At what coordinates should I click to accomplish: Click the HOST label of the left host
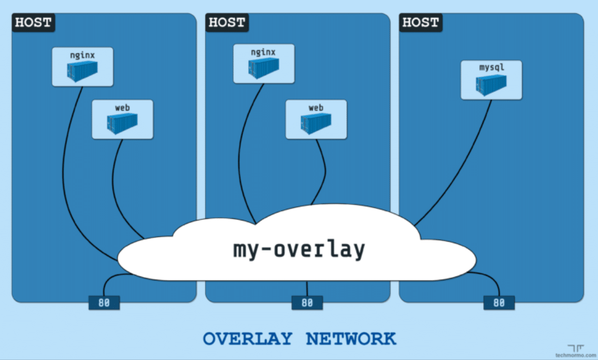tap(33, 23)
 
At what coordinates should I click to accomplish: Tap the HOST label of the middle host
tap(227, 23)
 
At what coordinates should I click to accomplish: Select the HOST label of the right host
tap(421, 23)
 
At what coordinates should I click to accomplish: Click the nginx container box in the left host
tap(82, 67)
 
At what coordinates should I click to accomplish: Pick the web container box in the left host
tap(123, 119)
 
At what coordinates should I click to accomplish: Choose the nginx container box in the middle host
tap(264, 64)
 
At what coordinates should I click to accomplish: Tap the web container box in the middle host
tap(316, 119)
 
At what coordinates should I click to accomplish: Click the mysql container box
tap(491, 80)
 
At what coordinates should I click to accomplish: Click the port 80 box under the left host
tap(104, 303)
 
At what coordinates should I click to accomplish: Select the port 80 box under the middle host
tap(307, 303)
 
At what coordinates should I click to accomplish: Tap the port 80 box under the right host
tap(499, 303)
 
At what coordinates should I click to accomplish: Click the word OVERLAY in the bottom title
tap(247, 338)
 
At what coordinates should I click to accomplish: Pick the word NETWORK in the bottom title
tap(351, 338)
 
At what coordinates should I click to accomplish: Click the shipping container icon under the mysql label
tap(491, 85)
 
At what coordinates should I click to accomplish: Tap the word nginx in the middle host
tap(263, 52)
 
